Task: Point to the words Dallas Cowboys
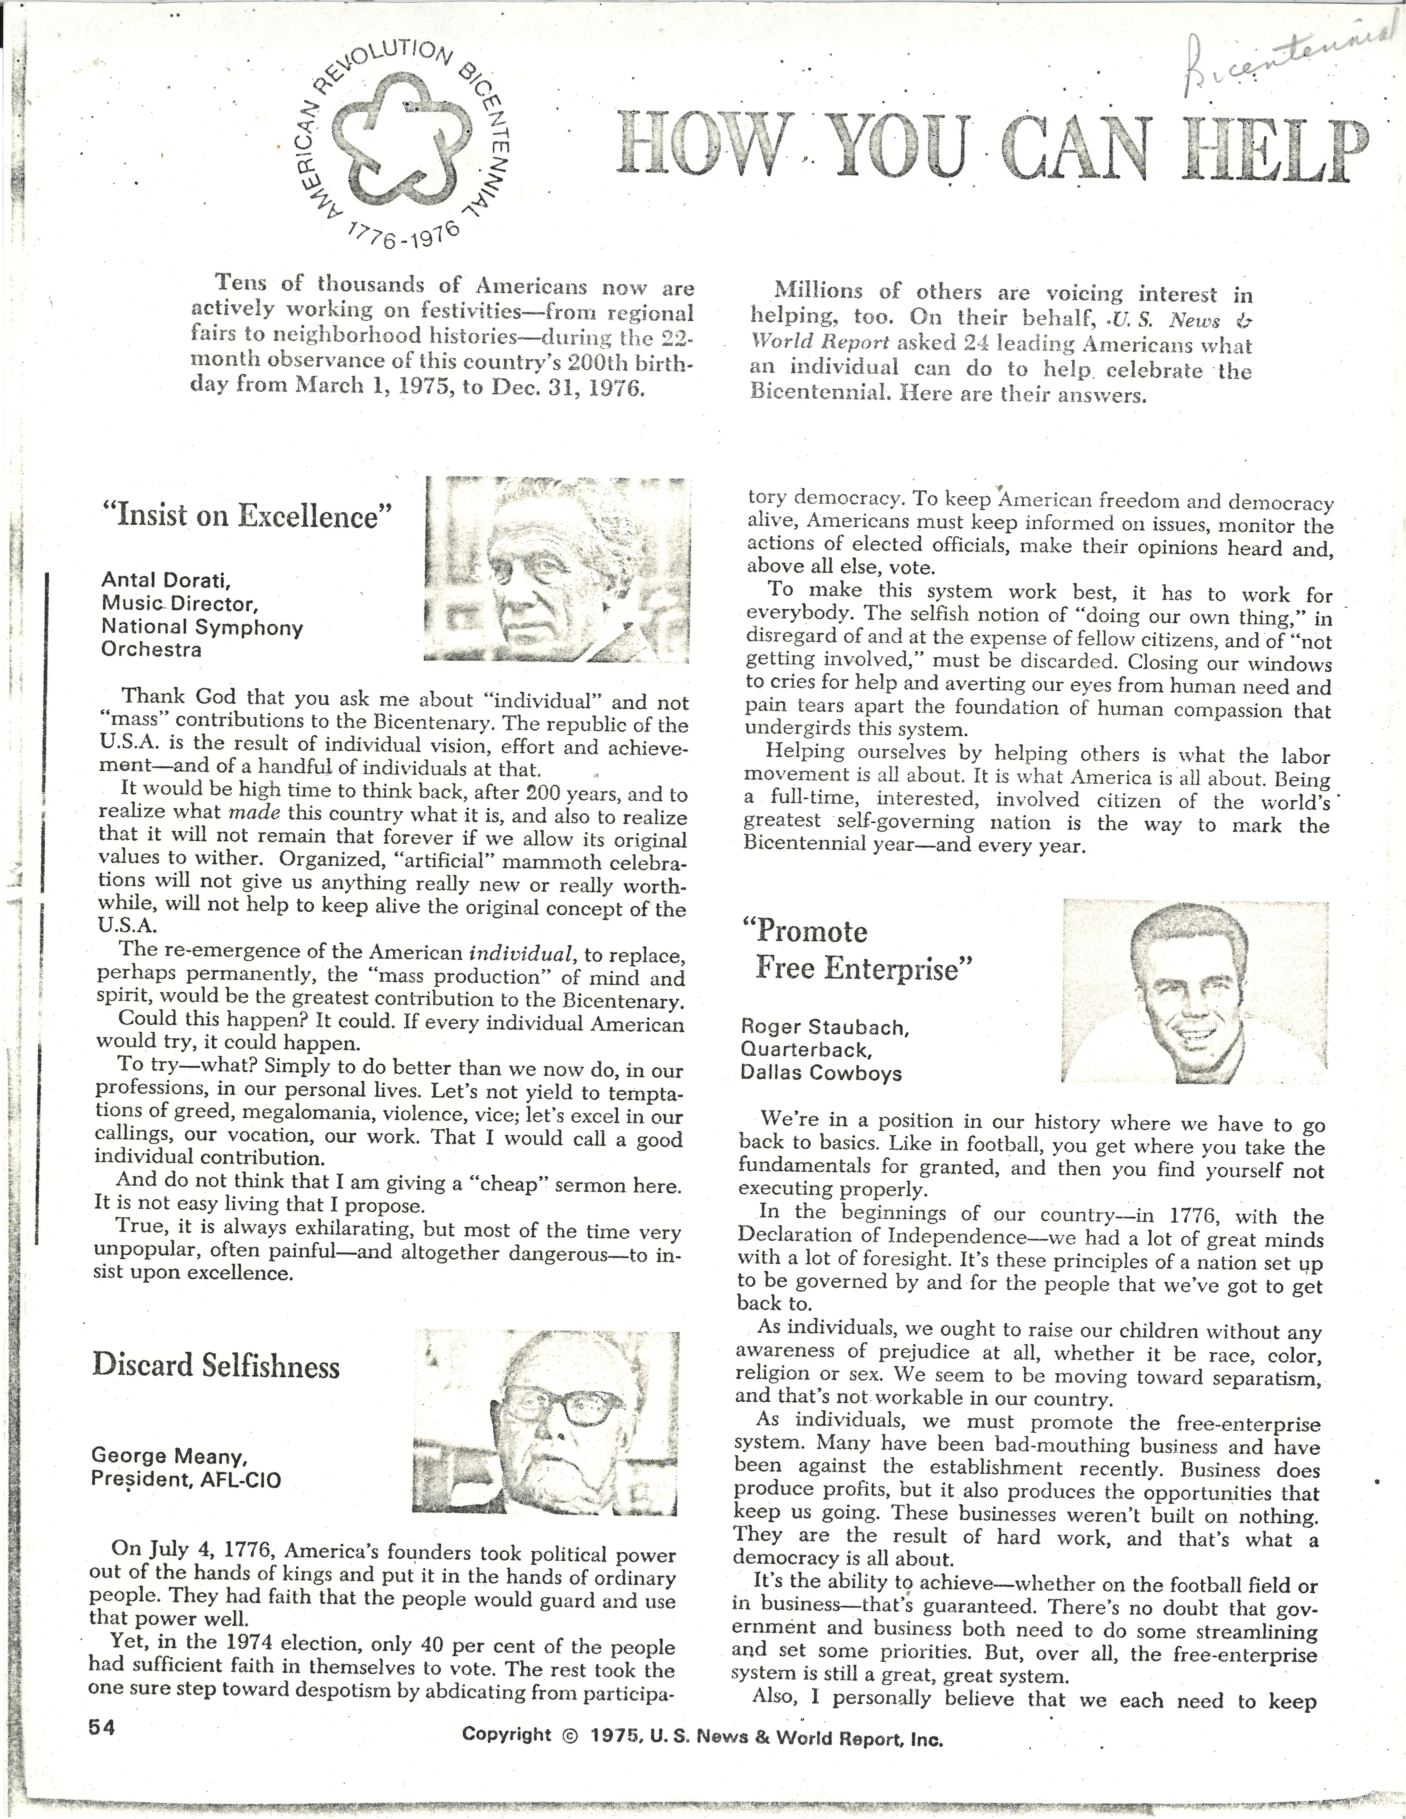coord(820,1073)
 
